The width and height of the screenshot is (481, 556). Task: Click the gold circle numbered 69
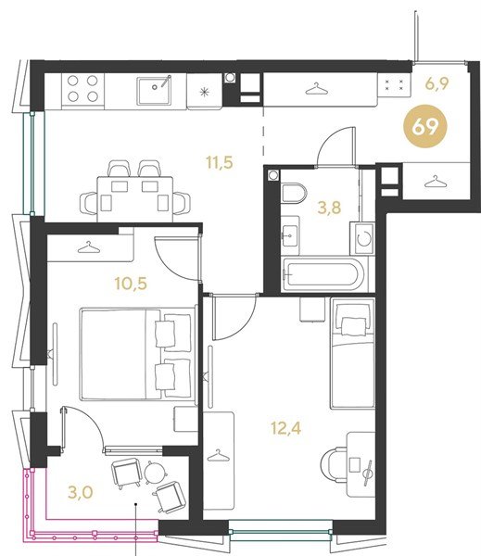[425, 126]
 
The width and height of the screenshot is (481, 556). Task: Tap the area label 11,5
[220, 162]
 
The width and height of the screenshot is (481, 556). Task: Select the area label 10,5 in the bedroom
[130, 284]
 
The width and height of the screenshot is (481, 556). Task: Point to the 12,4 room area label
[285, 428]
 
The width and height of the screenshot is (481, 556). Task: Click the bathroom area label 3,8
[329, 208]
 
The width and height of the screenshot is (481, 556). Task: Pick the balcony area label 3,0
[81, 492]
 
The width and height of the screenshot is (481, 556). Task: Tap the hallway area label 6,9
[437, 83]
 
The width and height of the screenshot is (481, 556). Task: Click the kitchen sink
[154, 90]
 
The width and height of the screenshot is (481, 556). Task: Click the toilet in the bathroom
[294, 194]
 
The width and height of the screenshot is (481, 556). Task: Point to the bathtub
[323, 274]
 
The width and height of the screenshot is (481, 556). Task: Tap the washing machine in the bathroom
[362, 239]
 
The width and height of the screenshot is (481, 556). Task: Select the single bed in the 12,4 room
[352, 354]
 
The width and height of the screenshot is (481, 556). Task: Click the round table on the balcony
[156, 473]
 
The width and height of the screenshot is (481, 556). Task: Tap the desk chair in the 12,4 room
[334, 464]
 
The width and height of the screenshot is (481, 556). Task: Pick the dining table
[135, 199]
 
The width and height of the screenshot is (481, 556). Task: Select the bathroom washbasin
[290, 234]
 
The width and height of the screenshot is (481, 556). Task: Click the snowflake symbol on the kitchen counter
[205, 93]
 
